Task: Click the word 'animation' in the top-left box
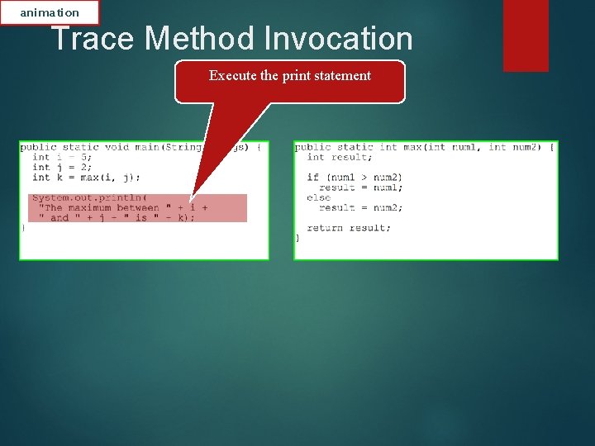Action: click(50, 12)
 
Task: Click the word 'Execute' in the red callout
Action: click(232, 75)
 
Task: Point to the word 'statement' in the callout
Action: click(342, 75)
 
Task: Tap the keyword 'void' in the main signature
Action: click(117, 147)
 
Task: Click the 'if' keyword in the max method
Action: click(312, 177)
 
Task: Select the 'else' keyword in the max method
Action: click(318, 197)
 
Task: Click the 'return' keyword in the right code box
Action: click(325, 228)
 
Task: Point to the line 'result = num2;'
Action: click(361, 207)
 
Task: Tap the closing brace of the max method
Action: click(297, 238)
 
